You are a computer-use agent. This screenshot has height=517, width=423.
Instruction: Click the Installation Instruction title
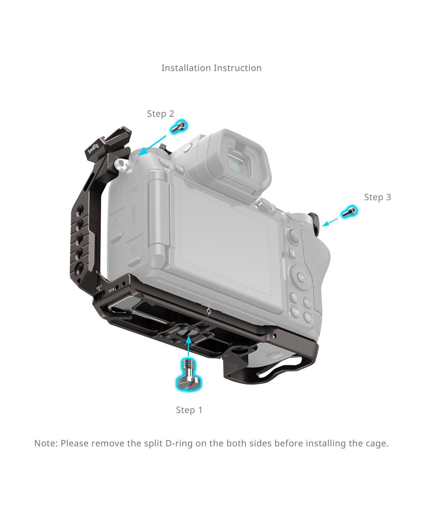211,68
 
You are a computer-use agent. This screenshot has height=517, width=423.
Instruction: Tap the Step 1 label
189,410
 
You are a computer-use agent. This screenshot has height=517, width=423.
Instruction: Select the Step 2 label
160,114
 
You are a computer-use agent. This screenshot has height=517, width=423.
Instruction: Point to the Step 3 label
377,197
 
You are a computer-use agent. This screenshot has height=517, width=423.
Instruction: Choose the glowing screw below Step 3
349,212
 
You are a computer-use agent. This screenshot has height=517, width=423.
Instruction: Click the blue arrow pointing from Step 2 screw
152,145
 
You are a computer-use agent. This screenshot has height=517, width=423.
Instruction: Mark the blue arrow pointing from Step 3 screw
330,222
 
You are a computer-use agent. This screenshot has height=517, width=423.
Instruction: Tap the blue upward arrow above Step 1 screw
189,346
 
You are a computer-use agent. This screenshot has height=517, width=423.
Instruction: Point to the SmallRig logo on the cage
93,148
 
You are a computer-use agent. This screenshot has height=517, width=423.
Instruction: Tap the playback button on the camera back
308,317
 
